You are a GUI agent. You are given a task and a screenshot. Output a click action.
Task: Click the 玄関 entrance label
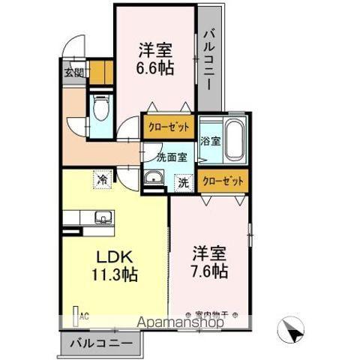tap(73, 73)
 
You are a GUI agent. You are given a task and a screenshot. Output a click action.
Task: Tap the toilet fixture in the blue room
tap(100, 107)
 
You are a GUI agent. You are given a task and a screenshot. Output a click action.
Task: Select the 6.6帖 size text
tap(155, 67)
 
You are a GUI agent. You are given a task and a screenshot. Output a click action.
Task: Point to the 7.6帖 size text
tap(209, 270)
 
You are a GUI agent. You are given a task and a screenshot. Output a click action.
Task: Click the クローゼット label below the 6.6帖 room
tap(168, 127)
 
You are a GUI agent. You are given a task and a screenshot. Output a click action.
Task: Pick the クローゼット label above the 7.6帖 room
tap(223, 180)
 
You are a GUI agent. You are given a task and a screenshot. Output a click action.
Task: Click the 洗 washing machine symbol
tap(183, 181)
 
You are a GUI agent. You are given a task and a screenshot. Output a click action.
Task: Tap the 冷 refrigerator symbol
tap(100, 179)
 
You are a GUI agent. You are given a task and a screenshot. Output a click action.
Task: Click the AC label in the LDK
tap(83, 316)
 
